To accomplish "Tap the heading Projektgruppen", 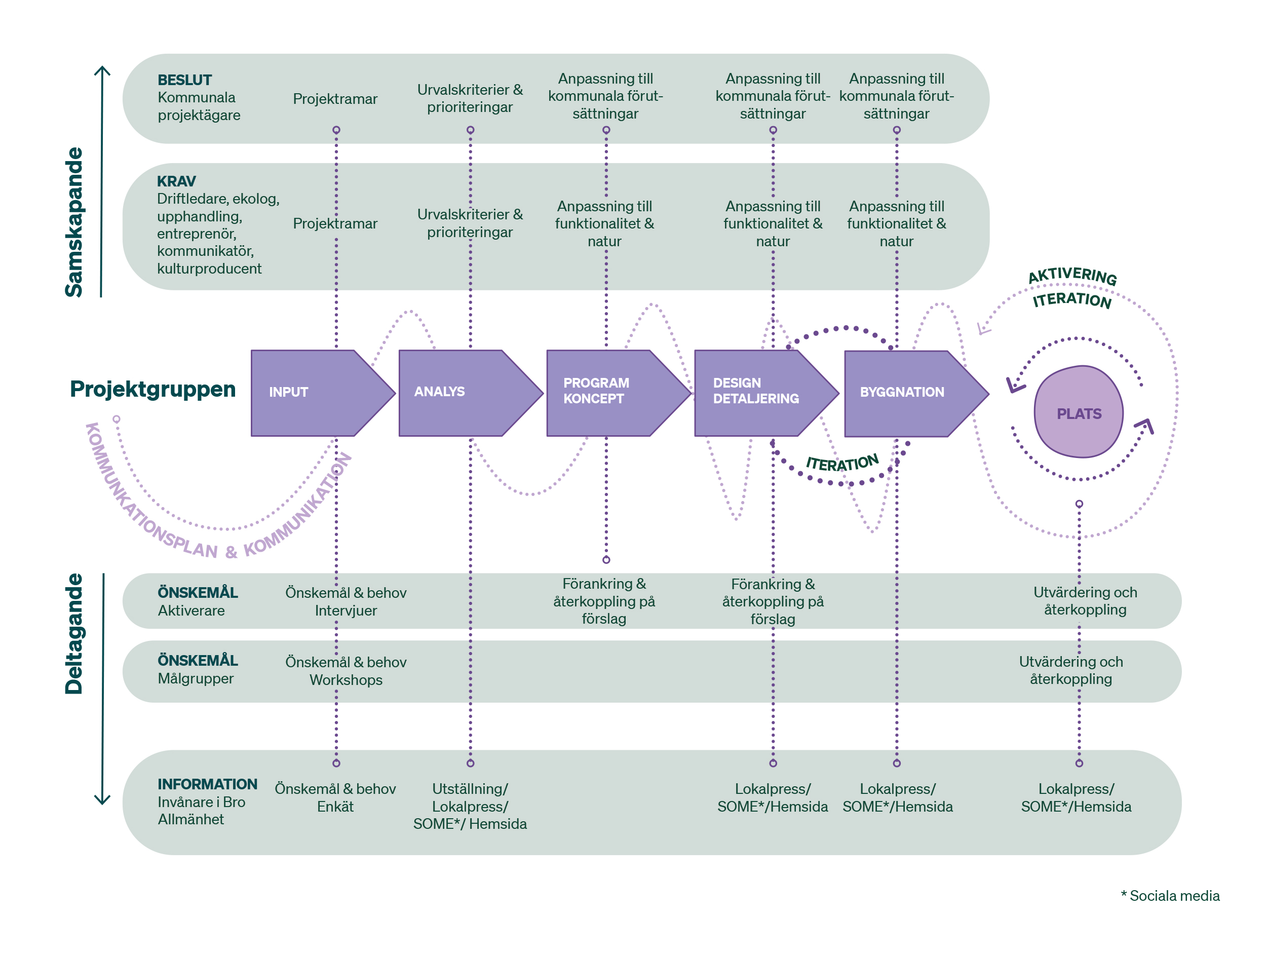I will coord(153,389).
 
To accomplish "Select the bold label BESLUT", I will coord(184,80).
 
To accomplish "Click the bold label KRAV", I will coord(176,181).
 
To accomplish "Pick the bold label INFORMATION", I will coord(207,784).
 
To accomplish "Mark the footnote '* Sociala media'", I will coord(1170,896).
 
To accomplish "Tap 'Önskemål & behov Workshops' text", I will coord(346,671).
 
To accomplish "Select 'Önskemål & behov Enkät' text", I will coord(335,797).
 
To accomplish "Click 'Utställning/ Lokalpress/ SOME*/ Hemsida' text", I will coord(470,806).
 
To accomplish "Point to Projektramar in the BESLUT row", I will coord(335,99).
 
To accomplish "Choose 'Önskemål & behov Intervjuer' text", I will coord(346,601).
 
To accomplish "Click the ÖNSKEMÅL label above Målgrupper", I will coord(198,660).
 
